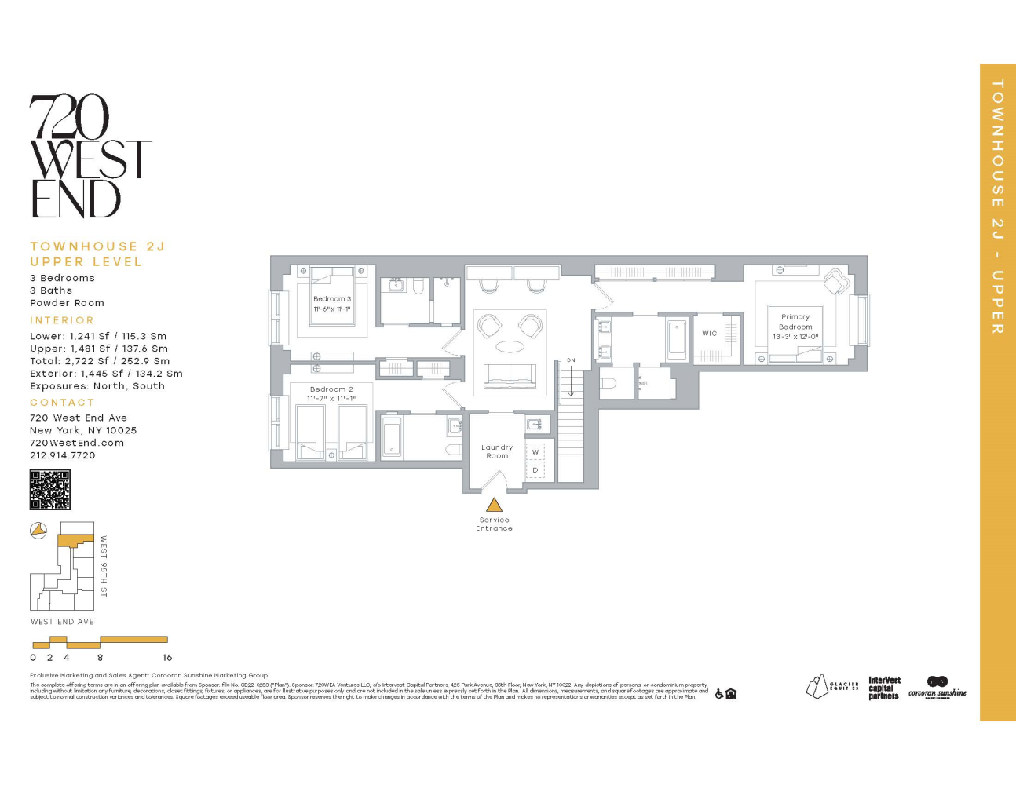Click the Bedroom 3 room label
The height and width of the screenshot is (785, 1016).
point(332,299)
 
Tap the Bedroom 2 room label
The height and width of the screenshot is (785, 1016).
point(331,389)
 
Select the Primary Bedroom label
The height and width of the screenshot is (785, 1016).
point(795,322)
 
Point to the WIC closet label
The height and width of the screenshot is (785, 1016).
point(710,334)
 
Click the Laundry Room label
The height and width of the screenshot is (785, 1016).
point(497,451)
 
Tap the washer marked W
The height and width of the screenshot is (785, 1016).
point(535,452)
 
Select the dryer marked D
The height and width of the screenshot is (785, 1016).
point(535,470)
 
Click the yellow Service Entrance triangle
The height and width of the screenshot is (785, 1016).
point(494,505)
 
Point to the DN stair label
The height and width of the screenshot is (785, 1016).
point(571,360)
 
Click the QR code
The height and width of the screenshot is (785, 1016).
point(50,490)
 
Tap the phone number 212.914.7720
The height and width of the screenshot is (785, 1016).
point(63,455)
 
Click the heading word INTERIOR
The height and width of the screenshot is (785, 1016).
point(62,320)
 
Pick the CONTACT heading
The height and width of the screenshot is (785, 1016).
point(62,403)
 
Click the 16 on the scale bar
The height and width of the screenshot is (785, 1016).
point(167,658)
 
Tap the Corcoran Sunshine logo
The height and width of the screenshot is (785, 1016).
point(937,688)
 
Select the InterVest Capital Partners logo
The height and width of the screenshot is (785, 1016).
point(884,688)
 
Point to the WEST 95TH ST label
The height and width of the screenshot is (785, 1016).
point(104,566)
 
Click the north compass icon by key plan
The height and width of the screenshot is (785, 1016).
point(38,531)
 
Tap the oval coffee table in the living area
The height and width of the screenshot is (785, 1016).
point(510,346)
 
